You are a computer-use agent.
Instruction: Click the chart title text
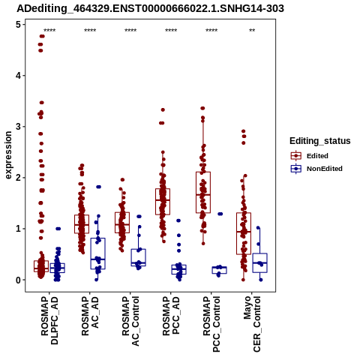pos(150,8)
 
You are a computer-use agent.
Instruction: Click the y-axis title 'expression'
pos(8,155)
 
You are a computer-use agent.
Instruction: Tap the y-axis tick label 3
pos(19,127)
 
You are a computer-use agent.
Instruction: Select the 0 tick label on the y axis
pos(19,280)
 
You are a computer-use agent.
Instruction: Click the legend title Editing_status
pos(320,141)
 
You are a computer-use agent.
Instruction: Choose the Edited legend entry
pos(310,156)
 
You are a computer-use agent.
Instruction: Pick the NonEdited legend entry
pos(316,169)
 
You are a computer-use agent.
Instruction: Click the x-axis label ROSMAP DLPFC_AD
pos(49,320)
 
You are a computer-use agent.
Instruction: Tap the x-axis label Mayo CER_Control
pos(252,324)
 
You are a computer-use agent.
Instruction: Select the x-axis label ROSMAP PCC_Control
pos(211,324)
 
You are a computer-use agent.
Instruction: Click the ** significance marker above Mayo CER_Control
pos(252,31)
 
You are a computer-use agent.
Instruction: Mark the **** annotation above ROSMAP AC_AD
pos(90,31)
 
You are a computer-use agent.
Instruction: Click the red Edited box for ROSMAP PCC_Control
pos(203,192)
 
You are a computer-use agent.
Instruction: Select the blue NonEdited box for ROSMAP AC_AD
pos(97,253)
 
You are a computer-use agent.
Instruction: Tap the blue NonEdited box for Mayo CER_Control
pos(259,262)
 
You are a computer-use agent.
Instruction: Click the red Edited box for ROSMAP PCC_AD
pos(163,202)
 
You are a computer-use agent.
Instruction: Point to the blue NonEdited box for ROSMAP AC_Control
pos(138,257)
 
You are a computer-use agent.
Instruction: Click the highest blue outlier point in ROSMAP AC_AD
pos(98,187)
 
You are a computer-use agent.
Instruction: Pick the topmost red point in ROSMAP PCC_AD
pos(163,109)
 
